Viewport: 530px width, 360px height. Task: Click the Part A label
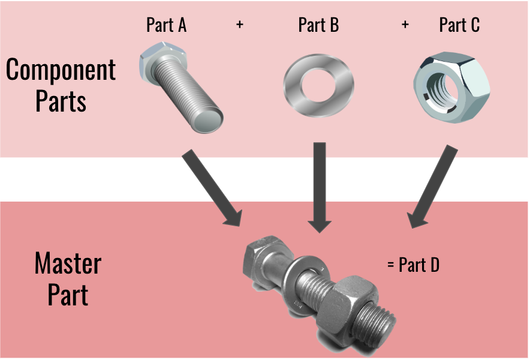click(x=166, y=25)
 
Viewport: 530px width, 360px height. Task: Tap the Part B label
click(x=318, y=25)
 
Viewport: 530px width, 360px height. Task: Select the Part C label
click(x=459, y=25)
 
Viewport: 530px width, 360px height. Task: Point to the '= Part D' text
click(x=414, y=265)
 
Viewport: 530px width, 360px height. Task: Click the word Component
click(x=61, y=71)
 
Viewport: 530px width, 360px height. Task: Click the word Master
click(x=68, y=265)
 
